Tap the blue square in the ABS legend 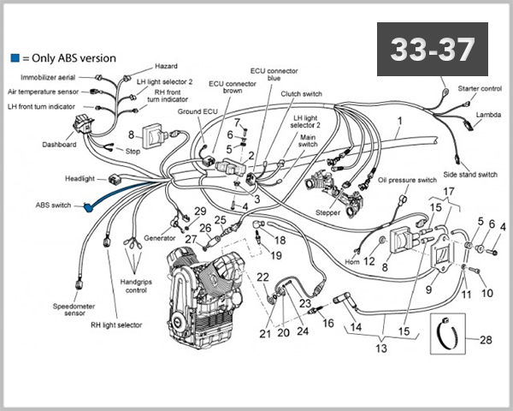[x=15, y=59]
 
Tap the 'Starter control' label [x=480, y=88]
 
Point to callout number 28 [x=486, y=340]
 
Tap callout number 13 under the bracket [x=380, y=348]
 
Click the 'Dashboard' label [x=59, y=145]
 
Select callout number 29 [x=200, y=211]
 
